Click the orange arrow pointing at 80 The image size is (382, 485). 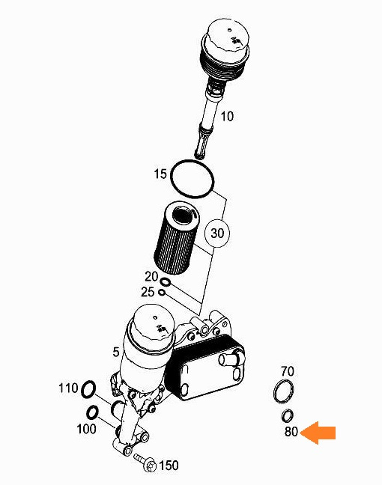tap(318, 433)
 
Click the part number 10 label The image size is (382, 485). tap(227, 116)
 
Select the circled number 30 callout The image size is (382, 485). tap(217, 233)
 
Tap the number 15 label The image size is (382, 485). tap(160, 174)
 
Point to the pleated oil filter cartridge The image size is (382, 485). tap(176, 237)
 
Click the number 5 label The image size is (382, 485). tap(116, 352)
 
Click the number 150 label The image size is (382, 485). tap(169, 466)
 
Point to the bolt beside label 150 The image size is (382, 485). tap(145, 461)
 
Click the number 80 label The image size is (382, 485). tap(291, 431)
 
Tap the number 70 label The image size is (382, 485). tap(288, 371)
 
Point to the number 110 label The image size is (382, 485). tap(68, 388)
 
